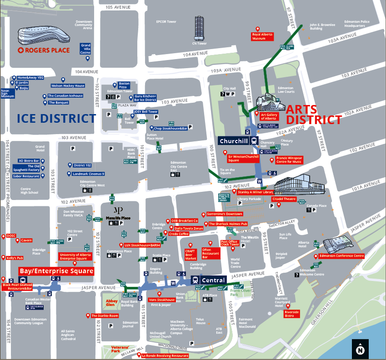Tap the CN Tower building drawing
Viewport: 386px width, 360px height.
200,28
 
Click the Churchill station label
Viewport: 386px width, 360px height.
234,141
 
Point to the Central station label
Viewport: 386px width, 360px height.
213,280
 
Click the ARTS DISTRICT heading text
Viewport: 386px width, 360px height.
313,114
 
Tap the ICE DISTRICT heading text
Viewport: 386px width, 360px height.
56,119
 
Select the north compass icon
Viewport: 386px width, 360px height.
361,349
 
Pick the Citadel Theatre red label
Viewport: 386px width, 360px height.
284,199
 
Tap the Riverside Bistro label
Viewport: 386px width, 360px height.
292,314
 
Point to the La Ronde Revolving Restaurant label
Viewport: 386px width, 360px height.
165,355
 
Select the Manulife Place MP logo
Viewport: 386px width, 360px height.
118,210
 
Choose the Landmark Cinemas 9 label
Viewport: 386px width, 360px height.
89,174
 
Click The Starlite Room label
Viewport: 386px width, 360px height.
105,315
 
